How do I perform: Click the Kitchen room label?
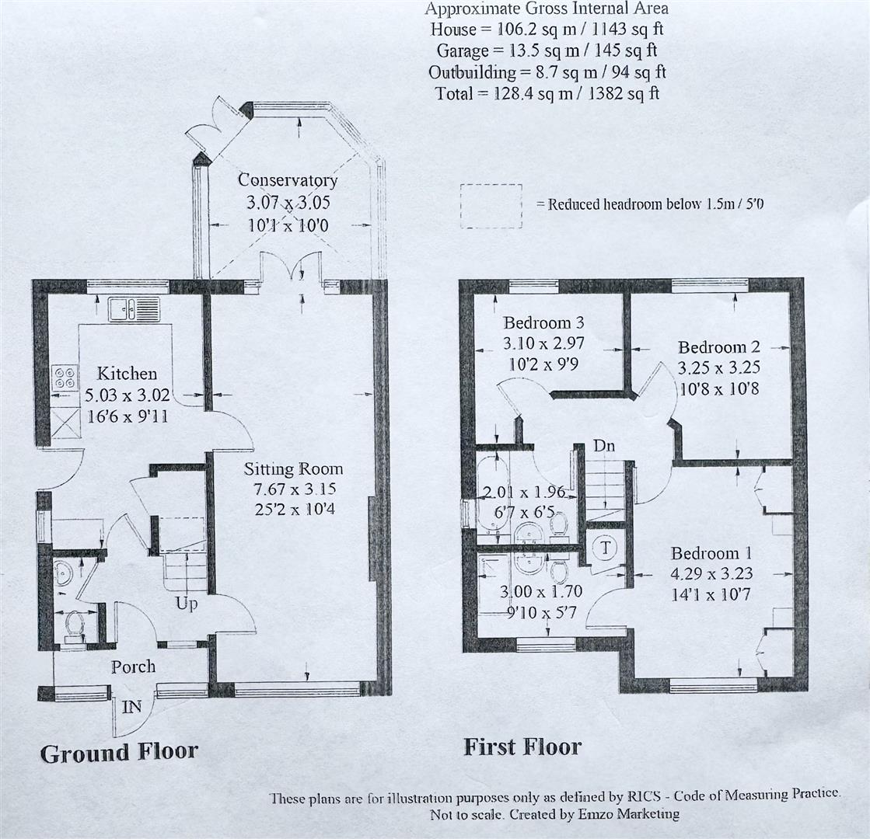click(x=127, y=373)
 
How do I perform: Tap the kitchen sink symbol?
click(x=135, y=309)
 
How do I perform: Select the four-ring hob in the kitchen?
click(x=65, y=377)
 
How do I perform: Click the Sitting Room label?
click(x=294, y=469)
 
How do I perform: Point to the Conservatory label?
click(x=288, y=179)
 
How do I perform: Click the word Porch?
click(x=133, y=667)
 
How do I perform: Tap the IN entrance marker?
click(x=131, y=706)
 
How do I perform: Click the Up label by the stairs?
click(x=187, y=604)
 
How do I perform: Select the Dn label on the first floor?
click(x=603, y=445)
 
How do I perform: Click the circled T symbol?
click(x=606, y=548)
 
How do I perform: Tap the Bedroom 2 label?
click(x=718, y=347)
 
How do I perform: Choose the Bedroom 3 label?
click(x=543, y=322)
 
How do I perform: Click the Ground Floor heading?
click(x=119, y=753)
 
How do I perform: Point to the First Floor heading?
click(x=522, y=747)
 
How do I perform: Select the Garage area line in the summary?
click(x=547, y=50)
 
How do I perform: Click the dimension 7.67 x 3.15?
click(x=295, y=489)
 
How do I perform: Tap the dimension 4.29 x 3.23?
click(x=711, y=573)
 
